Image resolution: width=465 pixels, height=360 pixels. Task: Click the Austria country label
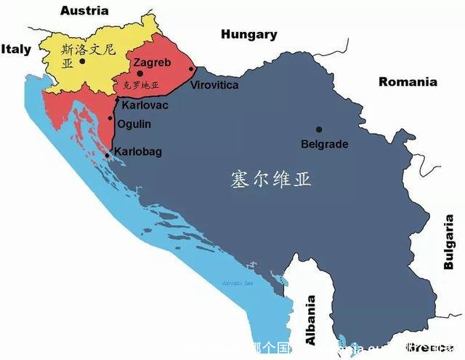84,10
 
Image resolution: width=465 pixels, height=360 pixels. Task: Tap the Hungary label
249,34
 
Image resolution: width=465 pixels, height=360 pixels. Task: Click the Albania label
311,320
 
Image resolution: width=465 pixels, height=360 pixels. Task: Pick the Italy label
16,49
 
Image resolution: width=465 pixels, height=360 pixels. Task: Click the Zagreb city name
153,63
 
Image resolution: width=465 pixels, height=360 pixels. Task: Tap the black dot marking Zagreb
140,73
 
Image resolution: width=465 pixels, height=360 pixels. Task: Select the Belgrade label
324,144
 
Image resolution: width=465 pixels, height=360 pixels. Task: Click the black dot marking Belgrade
318,129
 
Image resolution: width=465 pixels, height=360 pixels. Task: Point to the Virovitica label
214,85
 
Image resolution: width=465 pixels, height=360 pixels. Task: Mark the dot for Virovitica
192,69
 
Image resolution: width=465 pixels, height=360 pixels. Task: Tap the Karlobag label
139,151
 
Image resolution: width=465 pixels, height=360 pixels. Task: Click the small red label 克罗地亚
141,85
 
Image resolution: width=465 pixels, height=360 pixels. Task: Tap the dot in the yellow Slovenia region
83,61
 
